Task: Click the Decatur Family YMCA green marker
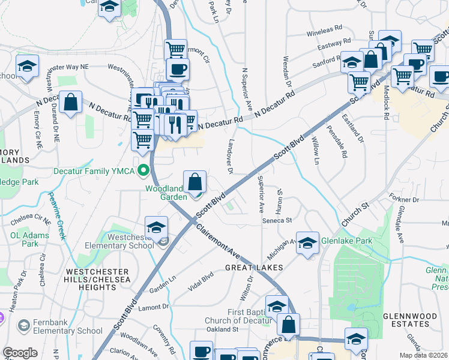point(143,171)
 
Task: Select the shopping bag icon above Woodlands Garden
point(195,182)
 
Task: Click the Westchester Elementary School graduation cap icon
point(156,227)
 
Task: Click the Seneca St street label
point(277,220)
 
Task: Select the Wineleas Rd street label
point(324,28)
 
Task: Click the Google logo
point(20,353)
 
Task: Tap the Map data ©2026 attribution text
point(424,355)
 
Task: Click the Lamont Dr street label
point(154,307)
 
